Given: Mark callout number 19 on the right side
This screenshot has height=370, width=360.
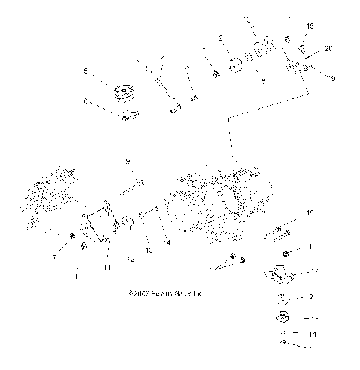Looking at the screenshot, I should [x=310, y=214].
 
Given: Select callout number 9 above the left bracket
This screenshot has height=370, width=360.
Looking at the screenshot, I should [x=127, y=161].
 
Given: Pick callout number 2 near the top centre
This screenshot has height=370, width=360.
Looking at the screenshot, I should [x=220, y=37].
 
